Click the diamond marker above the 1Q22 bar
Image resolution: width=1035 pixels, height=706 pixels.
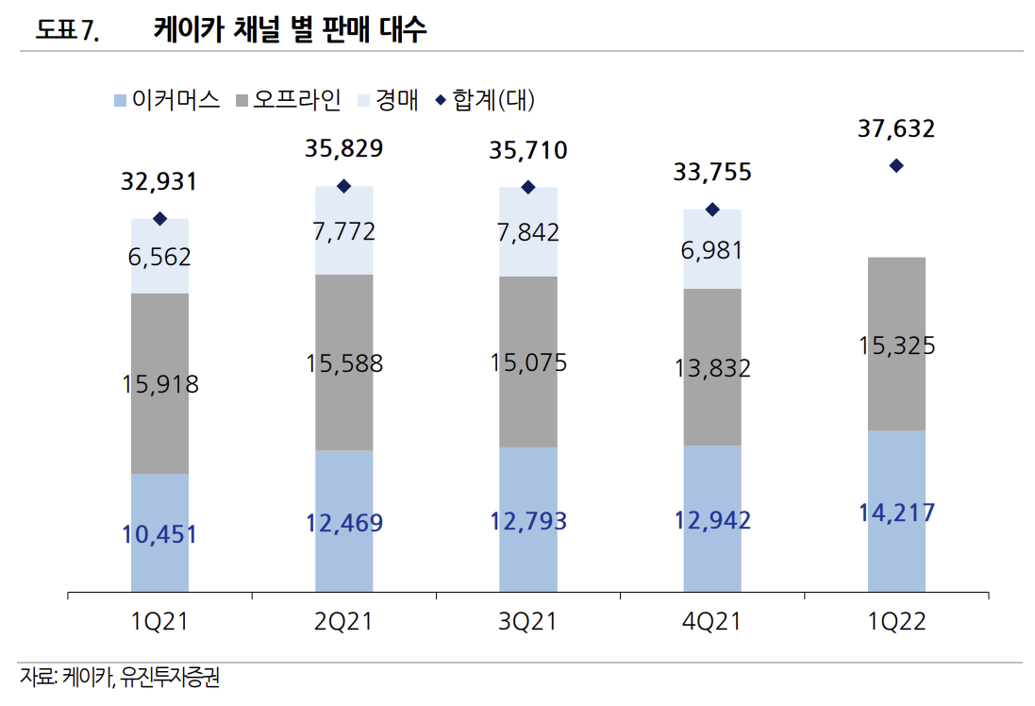[896, 166]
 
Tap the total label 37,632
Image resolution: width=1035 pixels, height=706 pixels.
[896, 128]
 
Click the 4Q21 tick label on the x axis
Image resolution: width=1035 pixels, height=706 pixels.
[712, 621]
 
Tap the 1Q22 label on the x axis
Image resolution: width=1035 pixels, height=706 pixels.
[896, 621]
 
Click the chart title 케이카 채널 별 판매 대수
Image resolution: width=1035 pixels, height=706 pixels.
[290, 30]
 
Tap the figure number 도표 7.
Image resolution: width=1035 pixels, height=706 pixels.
[67, 31]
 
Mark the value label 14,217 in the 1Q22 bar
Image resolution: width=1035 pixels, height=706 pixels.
[896, 513]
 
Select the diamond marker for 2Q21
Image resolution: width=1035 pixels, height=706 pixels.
[343, 186]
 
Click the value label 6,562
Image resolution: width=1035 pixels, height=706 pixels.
[159, 257]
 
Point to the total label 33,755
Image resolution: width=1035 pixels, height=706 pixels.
[712, 172]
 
